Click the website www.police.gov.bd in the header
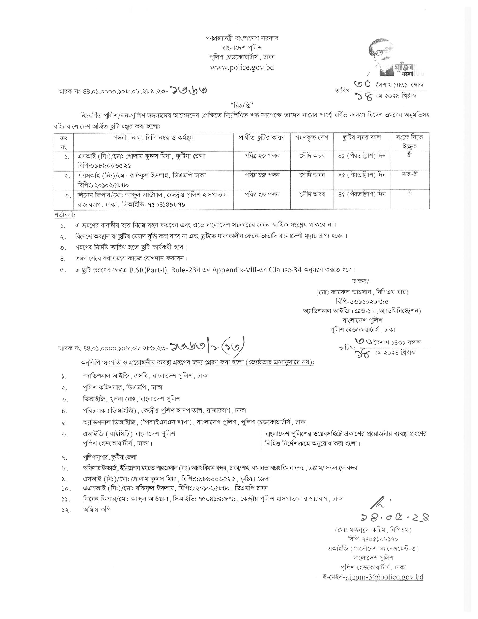point(242,68)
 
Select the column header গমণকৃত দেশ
point(312,138)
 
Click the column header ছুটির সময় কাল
point(361,138)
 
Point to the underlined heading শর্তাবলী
point(65,215)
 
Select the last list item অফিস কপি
point(97,509)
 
